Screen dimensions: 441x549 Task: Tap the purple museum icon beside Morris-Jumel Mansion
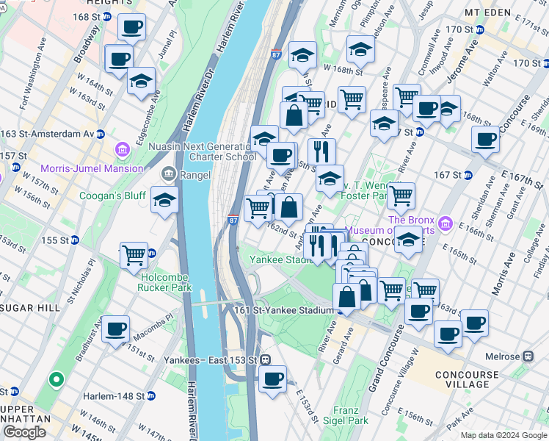point(122,151)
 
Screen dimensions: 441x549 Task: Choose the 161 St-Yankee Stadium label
point(284,310)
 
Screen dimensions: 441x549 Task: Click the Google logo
point(24,432)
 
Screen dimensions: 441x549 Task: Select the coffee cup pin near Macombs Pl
point(115,329)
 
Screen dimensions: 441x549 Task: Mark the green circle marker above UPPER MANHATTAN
point(55,380)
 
